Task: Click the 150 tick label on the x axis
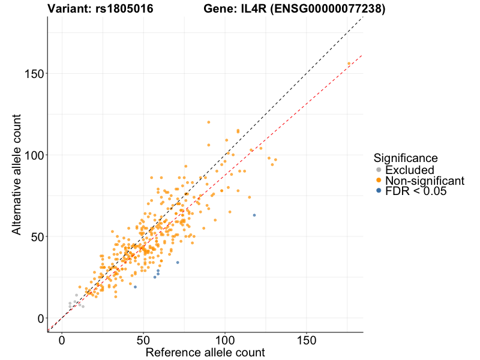tap(307, 340)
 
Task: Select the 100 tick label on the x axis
tap(225, 340)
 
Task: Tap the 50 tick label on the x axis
tap(143, 340)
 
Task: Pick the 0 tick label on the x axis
tap(62, 340)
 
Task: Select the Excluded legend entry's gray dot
tap(378, 170)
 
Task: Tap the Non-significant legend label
tap(425, 181)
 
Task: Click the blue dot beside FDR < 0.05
tap(378, 191)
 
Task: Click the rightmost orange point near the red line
tap(349, 64)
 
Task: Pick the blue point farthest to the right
tap(254, 215)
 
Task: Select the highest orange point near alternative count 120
tap(209, 122)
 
